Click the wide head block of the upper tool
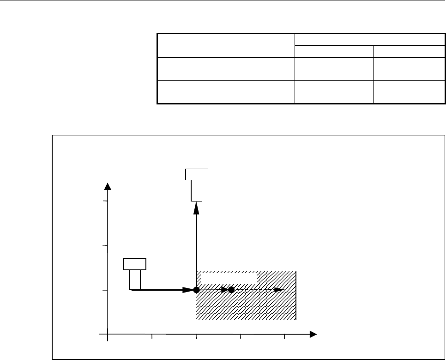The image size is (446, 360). coord(196,174)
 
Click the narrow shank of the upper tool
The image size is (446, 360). coord(196,190)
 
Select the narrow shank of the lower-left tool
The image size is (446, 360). coord(135,279)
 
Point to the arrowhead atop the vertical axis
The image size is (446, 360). coord(108,186)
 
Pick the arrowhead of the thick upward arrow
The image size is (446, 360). coord(196,207)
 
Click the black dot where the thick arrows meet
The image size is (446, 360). coord(196,290)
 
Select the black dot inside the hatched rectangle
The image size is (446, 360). coord(232,290)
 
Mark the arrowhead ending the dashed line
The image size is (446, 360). coord(279,290)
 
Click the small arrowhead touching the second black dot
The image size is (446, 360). coord(225,290)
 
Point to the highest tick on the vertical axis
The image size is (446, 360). coord(105,201)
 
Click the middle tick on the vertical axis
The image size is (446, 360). coord(105,245)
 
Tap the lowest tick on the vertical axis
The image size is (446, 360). coord(105,290)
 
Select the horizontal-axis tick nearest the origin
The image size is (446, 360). coord(152,336)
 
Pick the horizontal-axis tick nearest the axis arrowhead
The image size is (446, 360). coord(284,336)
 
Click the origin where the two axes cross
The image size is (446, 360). coord(108,333)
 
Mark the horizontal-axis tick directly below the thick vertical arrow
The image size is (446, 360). coord(196,336)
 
